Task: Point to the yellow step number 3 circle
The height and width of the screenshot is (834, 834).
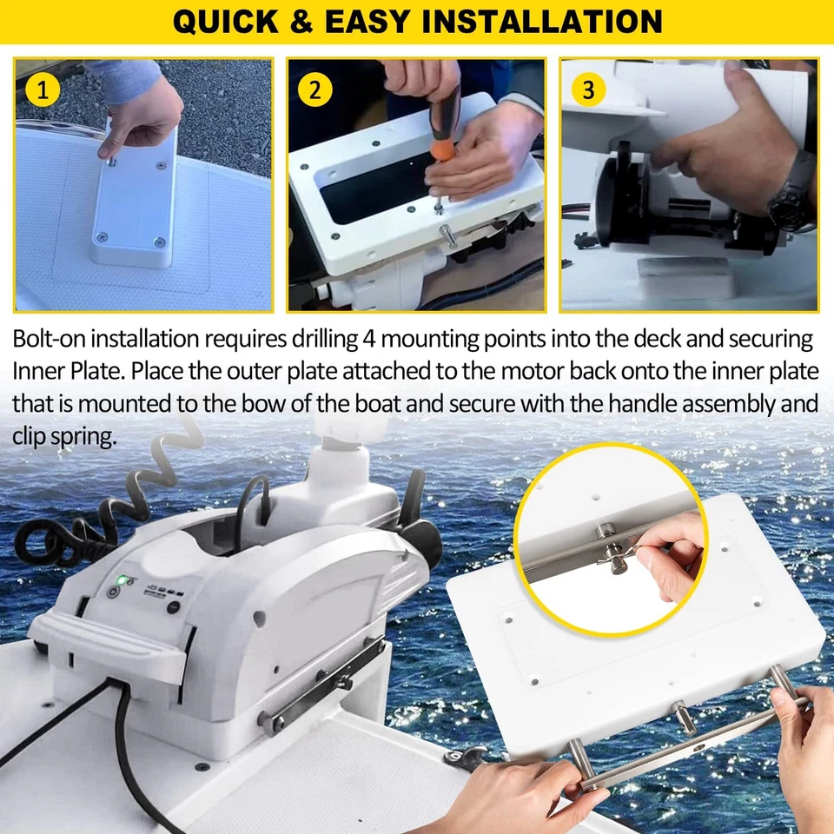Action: click(x=588, y=88)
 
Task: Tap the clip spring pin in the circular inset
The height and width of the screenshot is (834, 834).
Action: click(x=618, y=556)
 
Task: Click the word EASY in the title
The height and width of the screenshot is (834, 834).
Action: click(x=376, y=21)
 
